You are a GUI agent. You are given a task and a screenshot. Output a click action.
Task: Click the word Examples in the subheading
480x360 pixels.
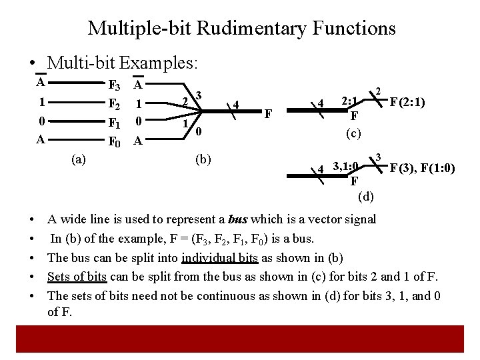pos(157,63)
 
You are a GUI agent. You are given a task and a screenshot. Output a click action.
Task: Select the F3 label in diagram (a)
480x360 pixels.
pos(115,86)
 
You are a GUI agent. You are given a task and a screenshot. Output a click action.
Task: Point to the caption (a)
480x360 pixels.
pos(79,159)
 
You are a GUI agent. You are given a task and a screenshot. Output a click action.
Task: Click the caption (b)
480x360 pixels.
pos(203,159)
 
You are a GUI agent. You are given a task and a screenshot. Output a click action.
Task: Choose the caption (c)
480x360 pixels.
pos(353,133)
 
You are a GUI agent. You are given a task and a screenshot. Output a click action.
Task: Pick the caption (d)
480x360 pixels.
pos(366,196)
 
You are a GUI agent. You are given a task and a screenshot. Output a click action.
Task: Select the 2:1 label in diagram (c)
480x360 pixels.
pos(351,101)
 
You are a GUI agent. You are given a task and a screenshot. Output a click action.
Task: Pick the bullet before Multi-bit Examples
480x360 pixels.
pos(33,64)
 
